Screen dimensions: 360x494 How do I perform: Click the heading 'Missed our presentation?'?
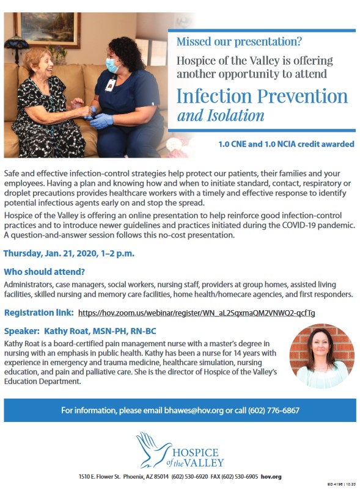tap(239, 42)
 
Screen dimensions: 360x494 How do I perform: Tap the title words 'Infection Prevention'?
tap(262, 96)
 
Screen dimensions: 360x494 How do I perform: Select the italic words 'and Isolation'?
tap(221, 115)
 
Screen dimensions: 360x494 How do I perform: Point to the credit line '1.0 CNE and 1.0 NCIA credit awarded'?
tap(286, 144)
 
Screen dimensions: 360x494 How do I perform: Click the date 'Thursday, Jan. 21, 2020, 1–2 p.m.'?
tap(69, 253)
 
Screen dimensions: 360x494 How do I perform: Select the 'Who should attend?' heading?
tap(45, 272)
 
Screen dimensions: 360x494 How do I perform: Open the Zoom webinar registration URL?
tap(196, 313)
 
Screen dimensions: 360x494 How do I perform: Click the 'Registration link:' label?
tap(39, 313)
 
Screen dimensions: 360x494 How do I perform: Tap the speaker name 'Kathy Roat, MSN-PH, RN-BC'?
tap(100, 331)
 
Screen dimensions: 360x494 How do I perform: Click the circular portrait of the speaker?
tap(322, 356)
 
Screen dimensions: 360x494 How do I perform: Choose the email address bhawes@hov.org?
tap(194, 410)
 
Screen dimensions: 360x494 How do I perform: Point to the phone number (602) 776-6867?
tap(274, 410)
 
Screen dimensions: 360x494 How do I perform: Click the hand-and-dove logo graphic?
tap(153, 449)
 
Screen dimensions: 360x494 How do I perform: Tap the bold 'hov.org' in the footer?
tap(271, 477)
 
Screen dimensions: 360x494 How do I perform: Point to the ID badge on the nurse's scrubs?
tap(111, 85)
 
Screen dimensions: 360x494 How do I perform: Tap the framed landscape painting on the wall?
tap(47, 29)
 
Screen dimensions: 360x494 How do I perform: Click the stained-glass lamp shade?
tap(16, 42)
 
